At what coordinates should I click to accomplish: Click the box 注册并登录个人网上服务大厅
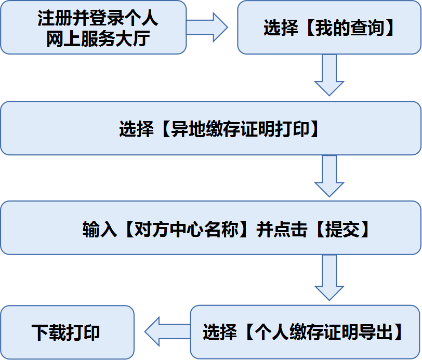point(94,27)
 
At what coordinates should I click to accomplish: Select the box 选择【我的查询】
point(328,27)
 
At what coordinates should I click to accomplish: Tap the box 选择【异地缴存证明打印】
point(210,128)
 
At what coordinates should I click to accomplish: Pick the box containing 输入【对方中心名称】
point(210,229)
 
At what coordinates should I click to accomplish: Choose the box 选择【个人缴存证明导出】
point(305,332)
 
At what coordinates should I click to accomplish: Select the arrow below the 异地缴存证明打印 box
point(329,177)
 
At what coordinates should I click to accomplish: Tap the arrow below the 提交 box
point(329,278)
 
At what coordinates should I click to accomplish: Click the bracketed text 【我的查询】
point(347,28)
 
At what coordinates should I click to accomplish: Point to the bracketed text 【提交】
point(342,229)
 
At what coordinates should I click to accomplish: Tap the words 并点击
point(283,229)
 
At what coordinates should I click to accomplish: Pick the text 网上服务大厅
point(98,38)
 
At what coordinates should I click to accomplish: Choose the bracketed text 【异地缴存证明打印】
point(236,129)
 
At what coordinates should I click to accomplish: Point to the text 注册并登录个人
point(98,19)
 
